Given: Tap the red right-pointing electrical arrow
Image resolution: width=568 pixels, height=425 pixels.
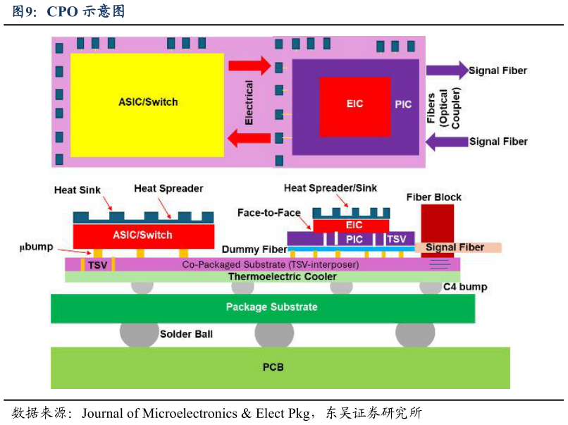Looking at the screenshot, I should [x=249, y=66].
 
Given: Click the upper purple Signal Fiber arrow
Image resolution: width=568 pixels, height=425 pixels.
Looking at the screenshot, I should [x=447, y=70].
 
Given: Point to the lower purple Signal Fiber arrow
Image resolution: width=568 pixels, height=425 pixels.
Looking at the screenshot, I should [x=447, y=141].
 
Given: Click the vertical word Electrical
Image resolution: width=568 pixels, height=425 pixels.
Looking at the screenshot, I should [x=249, y=103].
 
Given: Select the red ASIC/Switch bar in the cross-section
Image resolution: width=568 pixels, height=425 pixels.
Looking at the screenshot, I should [x=143, y=235].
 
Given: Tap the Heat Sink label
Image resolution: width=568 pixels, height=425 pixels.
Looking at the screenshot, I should [x=78, y=190].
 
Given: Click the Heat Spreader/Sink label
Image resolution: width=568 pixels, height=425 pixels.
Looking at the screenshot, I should [x=330, y=188].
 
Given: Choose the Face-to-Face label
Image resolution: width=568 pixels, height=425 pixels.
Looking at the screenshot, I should [x=268, y=213].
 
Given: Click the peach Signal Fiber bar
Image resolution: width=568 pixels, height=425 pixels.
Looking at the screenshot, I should [x=458, y=247].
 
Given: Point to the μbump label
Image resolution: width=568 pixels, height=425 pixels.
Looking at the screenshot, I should [x=37, y=247].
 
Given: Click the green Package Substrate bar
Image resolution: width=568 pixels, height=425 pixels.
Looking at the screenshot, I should [x=271, y=307].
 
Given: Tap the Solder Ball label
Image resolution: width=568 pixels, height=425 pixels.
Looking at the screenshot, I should [x=186, y=333].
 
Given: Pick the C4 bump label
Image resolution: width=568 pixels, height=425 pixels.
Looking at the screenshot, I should [x=465, y=287].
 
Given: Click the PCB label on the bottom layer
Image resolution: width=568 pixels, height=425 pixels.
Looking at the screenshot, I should [x=273, y=367].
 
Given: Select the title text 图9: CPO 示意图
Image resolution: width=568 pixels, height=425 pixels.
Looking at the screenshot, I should [x=68, y=11].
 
